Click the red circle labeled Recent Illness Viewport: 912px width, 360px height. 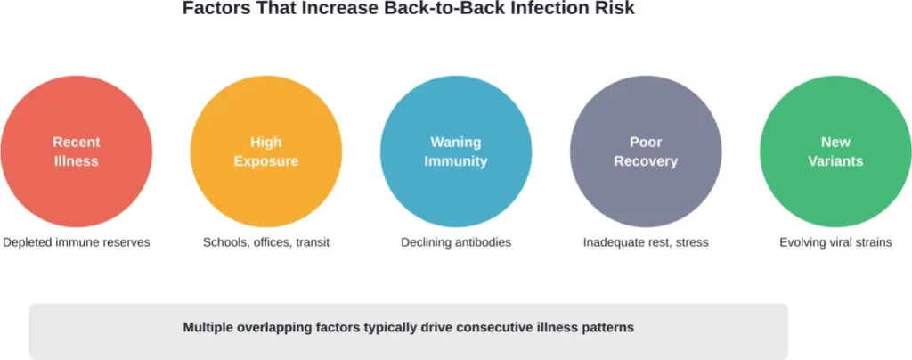76,151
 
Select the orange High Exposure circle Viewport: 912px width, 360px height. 265,151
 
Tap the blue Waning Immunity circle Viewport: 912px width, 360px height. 455,151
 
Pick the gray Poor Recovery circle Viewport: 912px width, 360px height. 645,151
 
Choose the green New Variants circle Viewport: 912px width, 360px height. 835,151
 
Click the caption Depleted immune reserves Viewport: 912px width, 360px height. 76,242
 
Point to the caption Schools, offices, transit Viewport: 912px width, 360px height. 265,242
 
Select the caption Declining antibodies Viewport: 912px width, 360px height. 455,242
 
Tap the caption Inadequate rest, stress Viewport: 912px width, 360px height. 645,242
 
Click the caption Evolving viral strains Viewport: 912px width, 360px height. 835,242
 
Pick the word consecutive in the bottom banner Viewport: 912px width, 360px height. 493,327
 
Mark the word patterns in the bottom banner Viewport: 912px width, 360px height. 607,327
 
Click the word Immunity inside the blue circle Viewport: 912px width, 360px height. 455,161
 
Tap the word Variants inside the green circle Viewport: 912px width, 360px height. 835,161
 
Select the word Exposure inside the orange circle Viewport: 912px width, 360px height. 265,161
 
